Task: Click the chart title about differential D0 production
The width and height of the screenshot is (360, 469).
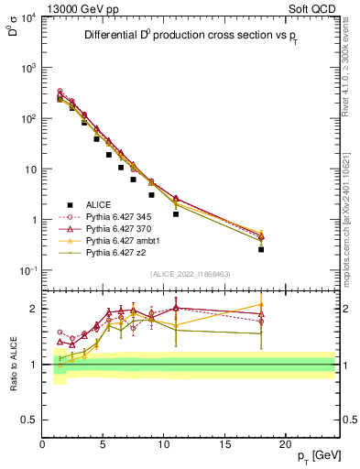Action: [191, 37]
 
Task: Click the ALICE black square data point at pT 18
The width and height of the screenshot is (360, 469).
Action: [261, 249]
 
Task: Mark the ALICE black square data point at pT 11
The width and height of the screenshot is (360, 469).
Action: [176, 213]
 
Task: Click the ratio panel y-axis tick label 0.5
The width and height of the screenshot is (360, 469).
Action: [30, 420]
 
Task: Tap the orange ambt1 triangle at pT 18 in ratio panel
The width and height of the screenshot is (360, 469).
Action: [261, 305]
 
